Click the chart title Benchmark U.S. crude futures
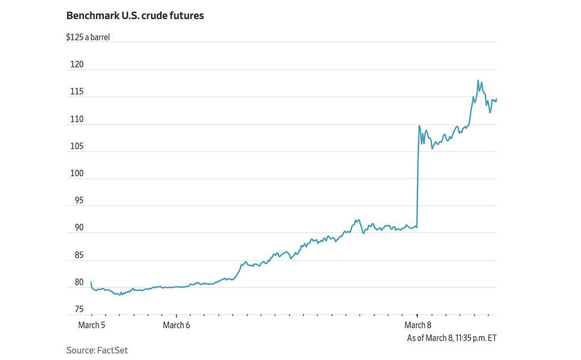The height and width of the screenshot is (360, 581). tap(135, 16)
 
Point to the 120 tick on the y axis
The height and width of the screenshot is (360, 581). tap(77, 65)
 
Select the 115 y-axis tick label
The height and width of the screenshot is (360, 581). tap(77, 92)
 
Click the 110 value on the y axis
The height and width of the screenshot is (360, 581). tap(77, 120)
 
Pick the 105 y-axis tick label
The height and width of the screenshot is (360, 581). tap(77, 147)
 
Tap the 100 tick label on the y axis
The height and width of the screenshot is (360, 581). tap(77, 174)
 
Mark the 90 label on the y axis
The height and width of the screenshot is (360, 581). tap(78, 228)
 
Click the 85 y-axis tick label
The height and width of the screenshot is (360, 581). tap(78, 255)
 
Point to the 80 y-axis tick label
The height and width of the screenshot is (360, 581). tap(78, 282)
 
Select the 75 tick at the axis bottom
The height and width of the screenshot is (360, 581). tap(78, 310)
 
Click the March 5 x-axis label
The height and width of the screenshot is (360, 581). tap(92, 325)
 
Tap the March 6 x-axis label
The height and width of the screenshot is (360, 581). tap(176, 325)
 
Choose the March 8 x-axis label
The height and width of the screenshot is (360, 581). tap(418, 325)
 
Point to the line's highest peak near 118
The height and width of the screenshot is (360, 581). tap(478, 81)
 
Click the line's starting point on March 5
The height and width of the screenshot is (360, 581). tap(91, 282)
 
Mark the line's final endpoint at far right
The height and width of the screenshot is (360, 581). tap(496, 100)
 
